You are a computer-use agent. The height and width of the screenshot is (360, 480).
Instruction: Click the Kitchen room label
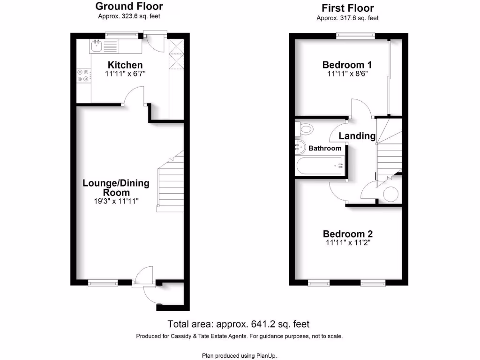[x=125, y=65]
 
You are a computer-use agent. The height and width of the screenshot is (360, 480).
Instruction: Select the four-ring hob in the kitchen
[x=83, y=75]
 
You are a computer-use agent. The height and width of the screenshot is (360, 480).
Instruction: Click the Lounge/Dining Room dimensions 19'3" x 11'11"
[x=116, y=201]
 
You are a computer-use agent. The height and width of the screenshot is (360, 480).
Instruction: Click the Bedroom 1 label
[x=344, y=65]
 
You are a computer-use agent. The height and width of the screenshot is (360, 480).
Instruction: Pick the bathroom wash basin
[x=300, y=147]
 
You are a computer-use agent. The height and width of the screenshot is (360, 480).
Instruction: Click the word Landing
[x=357, y=136]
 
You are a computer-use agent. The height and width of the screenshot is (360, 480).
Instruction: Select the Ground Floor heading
[x=129, y=7]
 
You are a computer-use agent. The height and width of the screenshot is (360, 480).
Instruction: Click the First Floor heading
[x=347, y=8]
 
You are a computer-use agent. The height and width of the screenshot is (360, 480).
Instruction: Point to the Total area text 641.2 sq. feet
[x=239, y=324]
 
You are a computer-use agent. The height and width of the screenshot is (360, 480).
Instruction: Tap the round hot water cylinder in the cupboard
[x=390, y=193]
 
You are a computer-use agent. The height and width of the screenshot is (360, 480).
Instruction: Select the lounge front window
[x=103, y=283]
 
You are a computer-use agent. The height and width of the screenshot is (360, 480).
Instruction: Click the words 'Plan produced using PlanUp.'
[x=240, y=355]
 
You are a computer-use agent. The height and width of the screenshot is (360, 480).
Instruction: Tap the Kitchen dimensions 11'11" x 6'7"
[x=125, y=74]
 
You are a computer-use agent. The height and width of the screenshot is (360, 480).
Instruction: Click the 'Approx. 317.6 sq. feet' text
[x=347, y=18]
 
